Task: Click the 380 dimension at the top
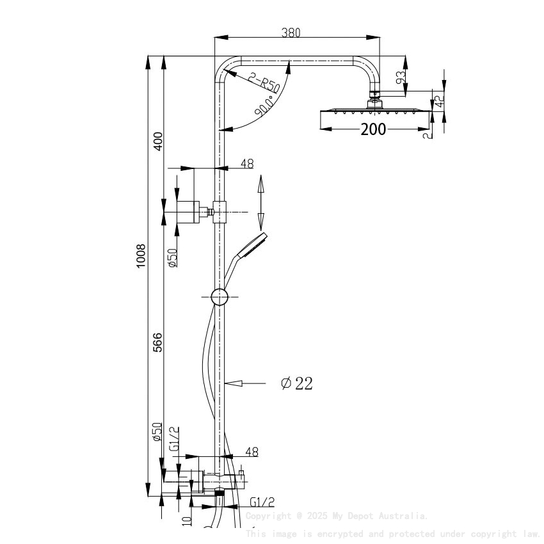pyautogui.click(x=291, y=33)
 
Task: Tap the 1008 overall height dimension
pyautogui.click(x=141, y=256)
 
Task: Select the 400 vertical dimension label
pyautogui.click(x=158, y=140)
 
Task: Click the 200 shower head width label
pyautogui.click(x=373, y=129)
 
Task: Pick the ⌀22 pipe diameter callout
pyautogui.click(x=297, y=383)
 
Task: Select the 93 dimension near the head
pyautogui.click(x=400, y=78)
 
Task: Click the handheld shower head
pyautogui.click(x=252, y=245)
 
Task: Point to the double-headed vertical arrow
pyautogui.click(x=260, y=203)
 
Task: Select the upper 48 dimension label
pyautogui.click(x=247, y=164)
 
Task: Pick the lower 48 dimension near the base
pyautogui.click(x=252, y=452)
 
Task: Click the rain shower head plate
pyautogui.click(x=373, y=113)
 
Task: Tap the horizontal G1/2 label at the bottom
pyautogui.click(x=262, y=502)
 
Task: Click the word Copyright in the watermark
pyautogui.click(x=267, y=516)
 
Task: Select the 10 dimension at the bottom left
pyautogui.click(x=186, y=522)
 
